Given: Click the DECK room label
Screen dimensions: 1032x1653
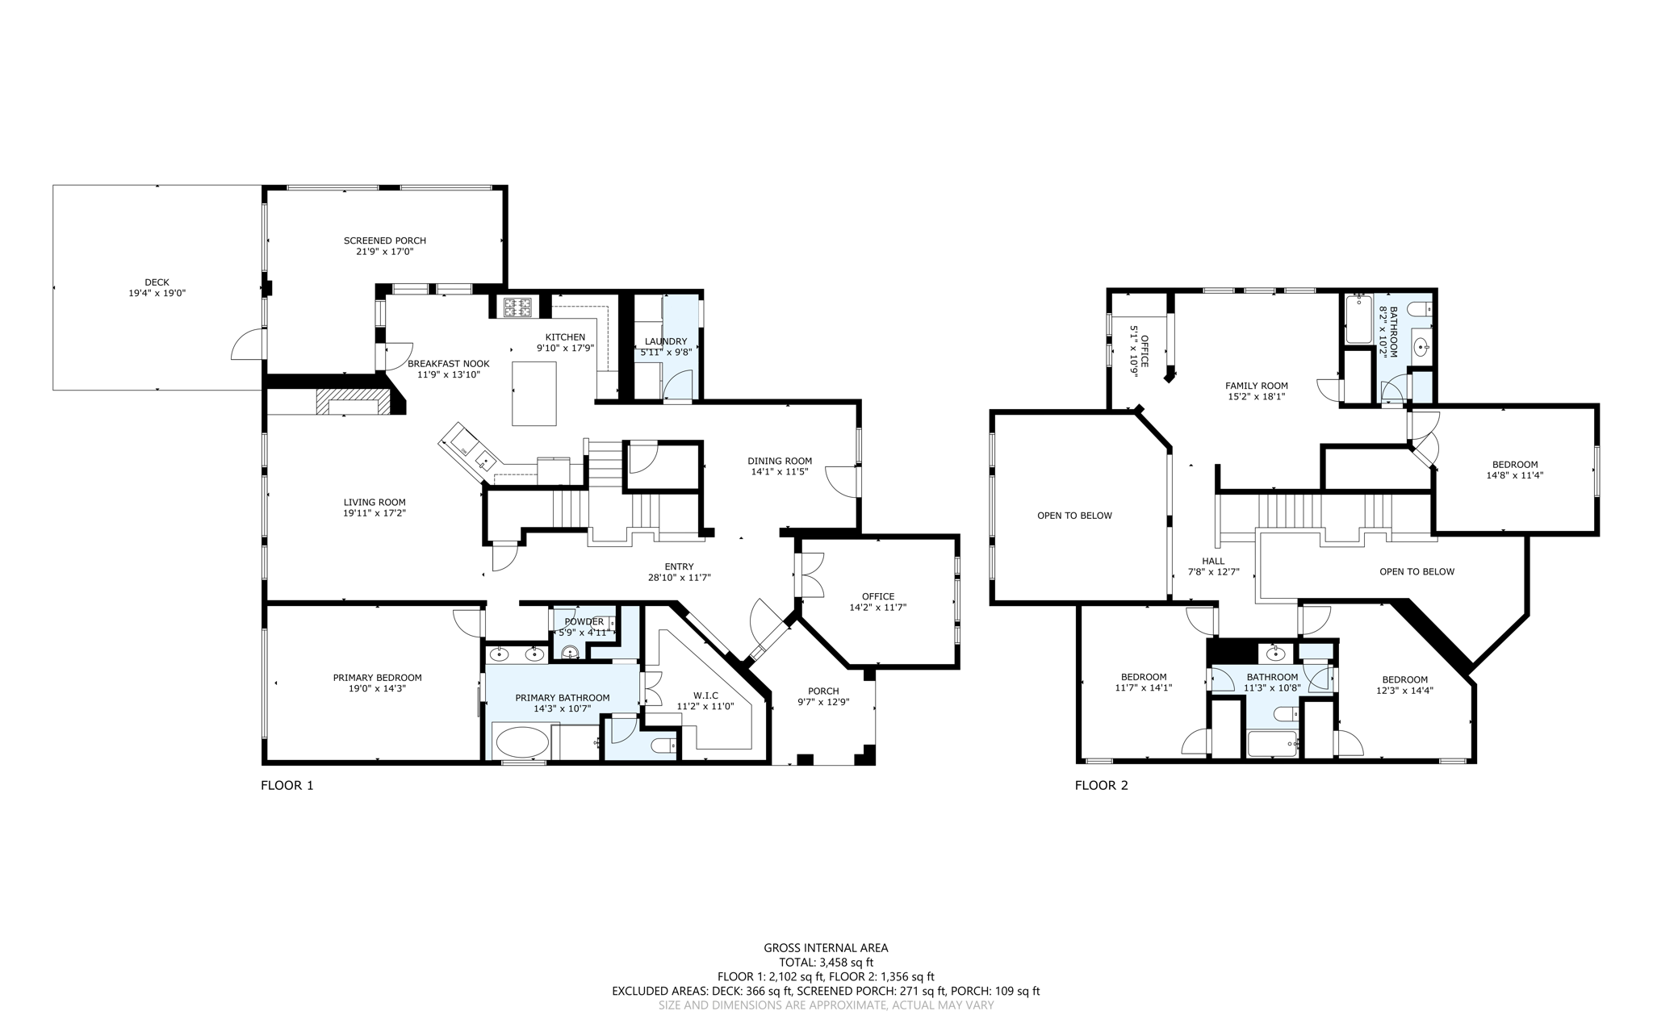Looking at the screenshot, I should click(x=157, y=282).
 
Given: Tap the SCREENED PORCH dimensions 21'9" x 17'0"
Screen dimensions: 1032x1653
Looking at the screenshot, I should click(x=385, y=252).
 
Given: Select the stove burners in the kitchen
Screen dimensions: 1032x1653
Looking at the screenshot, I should click(x=517, y=307).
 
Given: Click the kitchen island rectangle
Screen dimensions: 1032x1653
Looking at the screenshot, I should click(x=534, y=393).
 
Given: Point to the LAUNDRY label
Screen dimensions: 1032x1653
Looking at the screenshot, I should click(x=666, y=341).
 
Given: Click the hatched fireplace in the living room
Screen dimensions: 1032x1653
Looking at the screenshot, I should click(x=348, y=402).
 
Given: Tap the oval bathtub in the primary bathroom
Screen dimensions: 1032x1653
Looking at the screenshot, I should click(x=521, y=742).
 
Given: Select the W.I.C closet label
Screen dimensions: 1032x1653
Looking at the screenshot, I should click(x=705, y=695).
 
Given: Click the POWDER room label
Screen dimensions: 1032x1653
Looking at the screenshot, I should click(x=584, y=621).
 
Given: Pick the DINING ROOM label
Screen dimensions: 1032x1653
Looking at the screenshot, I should click(x=779, y=461).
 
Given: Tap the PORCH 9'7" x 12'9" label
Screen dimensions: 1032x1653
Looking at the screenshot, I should click(x=823, y=691).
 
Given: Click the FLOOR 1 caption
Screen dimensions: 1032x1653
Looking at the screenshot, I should click(x=287, y=785).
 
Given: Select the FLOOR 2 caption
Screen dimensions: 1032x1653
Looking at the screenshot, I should click(x=1101, y=785).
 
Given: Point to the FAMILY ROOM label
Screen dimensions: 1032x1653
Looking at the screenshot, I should click(x=1256, y=386).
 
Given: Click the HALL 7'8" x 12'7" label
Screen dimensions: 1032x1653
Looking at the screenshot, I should click(x=1213, y=561).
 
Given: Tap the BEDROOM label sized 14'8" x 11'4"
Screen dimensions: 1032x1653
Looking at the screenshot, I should click(x=1514, y=464).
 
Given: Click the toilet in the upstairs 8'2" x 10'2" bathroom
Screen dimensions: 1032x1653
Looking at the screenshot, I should click(x=1420, y=309).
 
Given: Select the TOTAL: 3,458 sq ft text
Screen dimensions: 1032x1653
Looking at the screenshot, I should click(x=826, y=963).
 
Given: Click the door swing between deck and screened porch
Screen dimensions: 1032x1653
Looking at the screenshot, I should click(x=248, y=345).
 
